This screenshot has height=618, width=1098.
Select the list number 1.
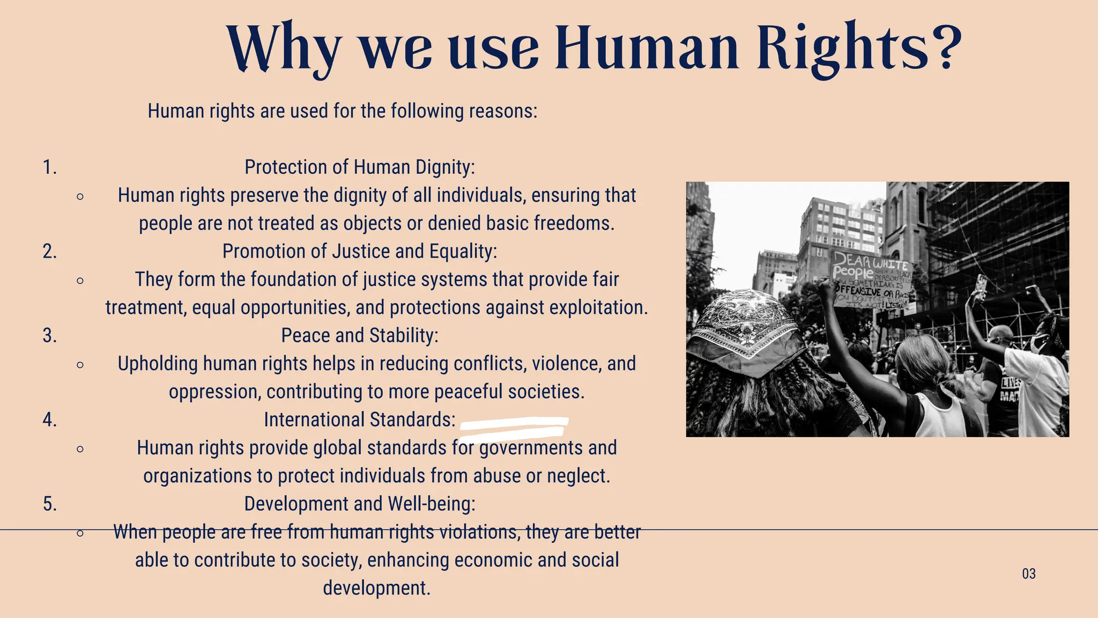click(49, 168)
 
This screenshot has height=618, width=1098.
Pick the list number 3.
click(49, 336)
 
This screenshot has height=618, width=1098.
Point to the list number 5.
click(49, 504)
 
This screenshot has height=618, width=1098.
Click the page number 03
click(1028, 574)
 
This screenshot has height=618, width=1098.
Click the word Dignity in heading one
click(444, 168)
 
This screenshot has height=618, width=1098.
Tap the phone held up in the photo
click(981, 286)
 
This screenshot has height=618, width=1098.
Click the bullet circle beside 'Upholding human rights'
click(80, 365)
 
